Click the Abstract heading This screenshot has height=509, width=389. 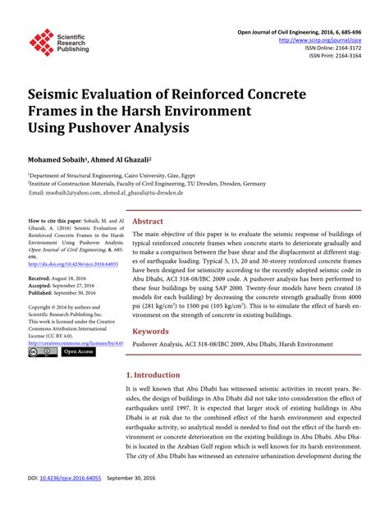(148, 222)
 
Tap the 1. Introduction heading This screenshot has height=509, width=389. (158, 374)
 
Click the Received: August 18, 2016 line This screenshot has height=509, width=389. (62, 279)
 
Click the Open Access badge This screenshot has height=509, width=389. (78, 352)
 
